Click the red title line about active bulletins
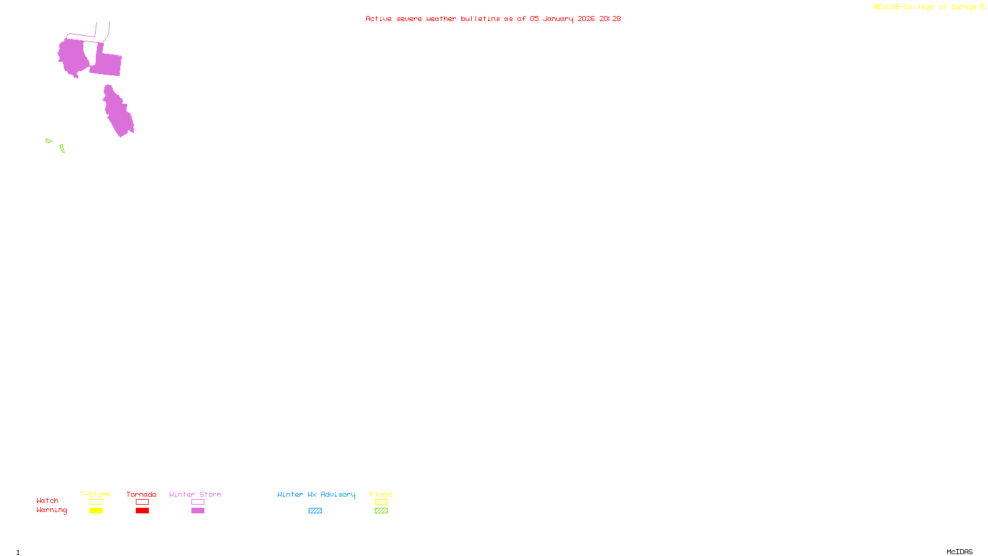click(x=493, y=19)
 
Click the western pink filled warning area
click(x=73, y=57)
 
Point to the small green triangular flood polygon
click(x=48, y=141)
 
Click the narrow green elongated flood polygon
click(x=62, y=148)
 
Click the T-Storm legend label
click(x=95, y=494)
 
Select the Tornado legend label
click(x=141, y=494)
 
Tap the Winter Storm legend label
click(x=195, y=494)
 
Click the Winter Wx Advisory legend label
click(x=316, y=494)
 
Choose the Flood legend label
click(x=381, y=494)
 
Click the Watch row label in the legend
click(x=48, y=500)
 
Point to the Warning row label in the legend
click(x=52, y=510)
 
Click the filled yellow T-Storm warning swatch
click(x=96, y=511)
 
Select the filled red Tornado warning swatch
click(x=142, y=511)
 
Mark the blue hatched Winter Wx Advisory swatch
click(x=315, y=511)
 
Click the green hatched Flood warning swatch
click(x=381, y=511)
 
